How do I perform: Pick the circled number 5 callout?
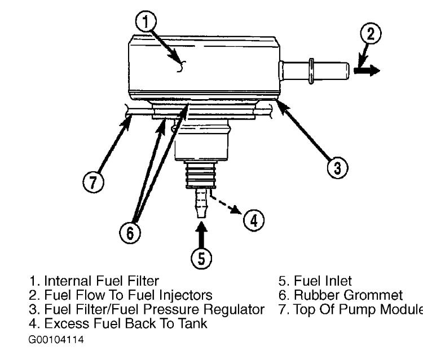click(x=201, y=259)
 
